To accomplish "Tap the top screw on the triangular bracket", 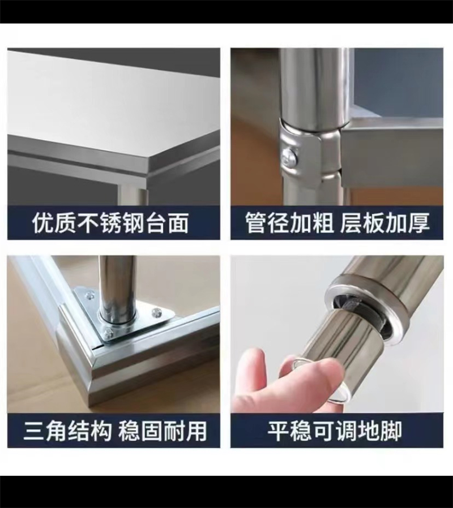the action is click(x=89, y=295).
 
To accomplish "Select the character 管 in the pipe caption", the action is click(x=255, y=223).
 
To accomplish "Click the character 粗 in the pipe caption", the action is click(x=322, y=223).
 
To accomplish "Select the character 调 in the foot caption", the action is click(x=345, y=431).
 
